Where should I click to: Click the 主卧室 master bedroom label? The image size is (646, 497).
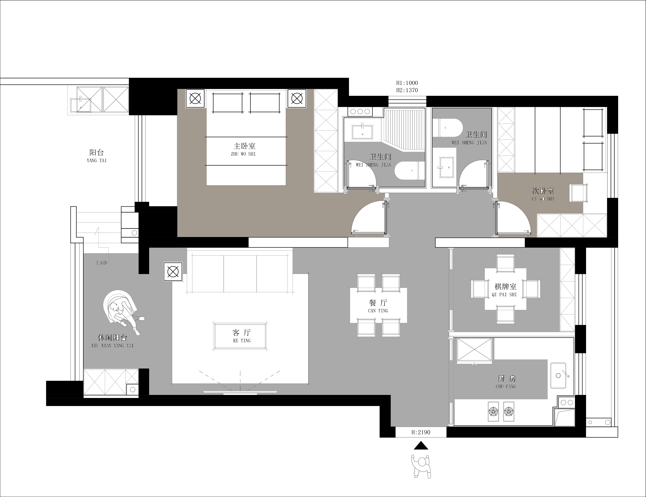(x=244, y=146)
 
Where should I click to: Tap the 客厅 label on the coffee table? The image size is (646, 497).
(x=242, y=333)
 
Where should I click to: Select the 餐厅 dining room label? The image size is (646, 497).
(x=378, y=303)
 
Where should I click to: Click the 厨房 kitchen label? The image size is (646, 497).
(x=506, y=379)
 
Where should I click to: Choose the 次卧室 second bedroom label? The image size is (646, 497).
(x=543, y=191)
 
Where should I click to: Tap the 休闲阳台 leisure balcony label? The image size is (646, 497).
(x=112, y=338)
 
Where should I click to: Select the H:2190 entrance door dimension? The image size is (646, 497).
(x=421, y=432)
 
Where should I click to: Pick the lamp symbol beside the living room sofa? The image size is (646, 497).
(x=173, y=271)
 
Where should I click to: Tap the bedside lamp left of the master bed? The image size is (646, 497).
(x=195, y=99)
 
